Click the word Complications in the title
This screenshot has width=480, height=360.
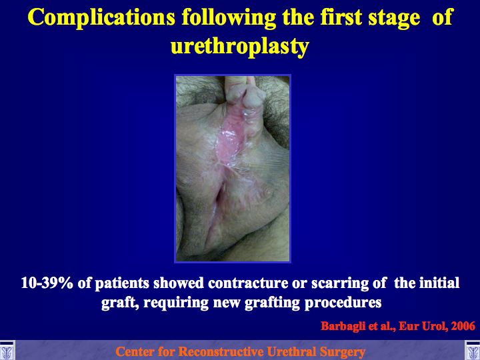[x=101, y=18]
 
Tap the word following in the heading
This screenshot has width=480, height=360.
[x=229, y=18]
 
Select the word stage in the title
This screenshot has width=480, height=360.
[x=394, y=19]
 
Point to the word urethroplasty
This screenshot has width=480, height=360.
[x=240, y=47]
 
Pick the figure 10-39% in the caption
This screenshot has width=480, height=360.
[x=47, y=283]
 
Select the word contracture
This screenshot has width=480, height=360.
[x=247, y=283]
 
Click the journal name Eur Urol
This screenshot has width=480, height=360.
[x=422, y=326]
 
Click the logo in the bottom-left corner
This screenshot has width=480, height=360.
[x=7, y=350]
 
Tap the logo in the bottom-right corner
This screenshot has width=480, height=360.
[x=473, y=350]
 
